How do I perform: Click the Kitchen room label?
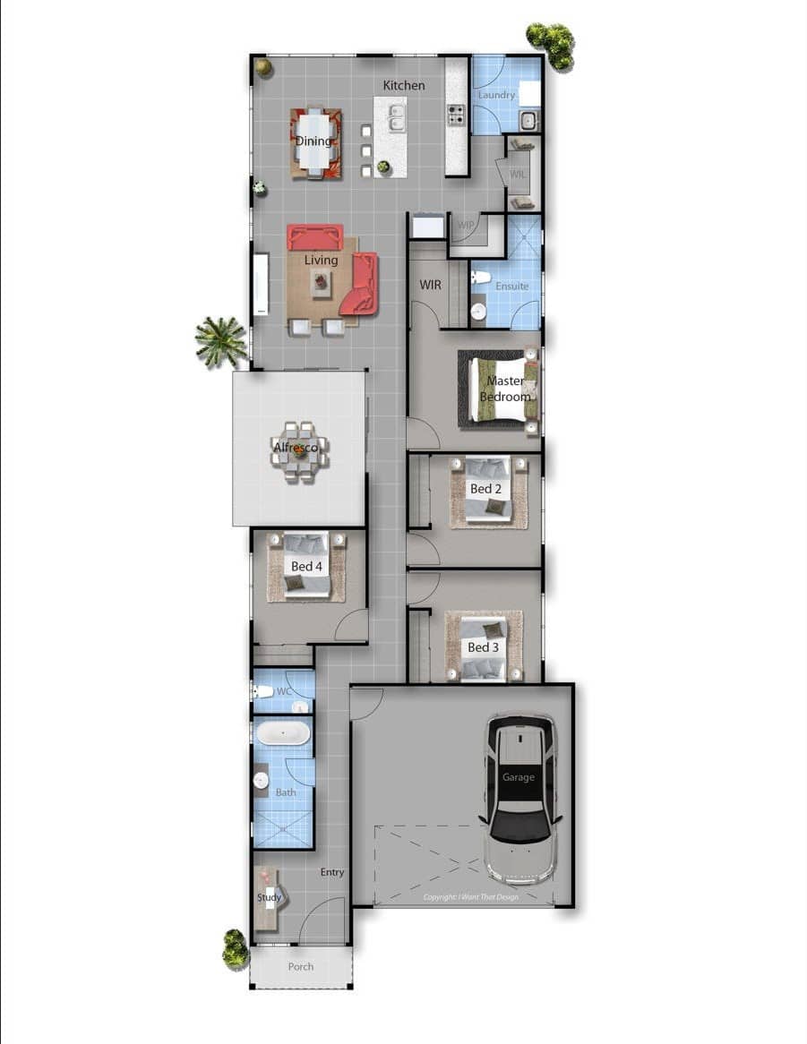pyautogui.click(x=404, y=85)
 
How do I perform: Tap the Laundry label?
pyautogui.click(x=496, y=95)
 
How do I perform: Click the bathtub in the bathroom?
pyautogui.click(x=283, y=734)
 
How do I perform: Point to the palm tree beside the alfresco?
pyautogui.click(x=220, y=340)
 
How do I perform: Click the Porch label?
pyautogui.click(x=301, y=967)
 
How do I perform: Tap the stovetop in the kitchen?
pyautogui.click(x=456, y=115)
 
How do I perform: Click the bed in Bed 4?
pyautogui.click(x=305, y=566)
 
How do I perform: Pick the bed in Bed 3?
pyautogui.click(x=484, y=646)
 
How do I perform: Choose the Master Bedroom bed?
pyautogui.click(x=502, y=389)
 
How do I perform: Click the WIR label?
pyautogui.click(x=431, y=285)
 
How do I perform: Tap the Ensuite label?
pyautogui.click(x=511, y=287)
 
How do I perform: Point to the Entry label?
pyautogui.click(x=332, y=872)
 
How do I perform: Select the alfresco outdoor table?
pyautogui.click(x=299, y=451)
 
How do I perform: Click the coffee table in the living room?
pyautogui.click(x=322, y=283)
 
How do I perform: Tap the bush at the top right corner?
pyautogui.click(x=551, y=45)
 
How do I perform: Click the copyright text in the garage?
pyautogui.click(x=471, y=897)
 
